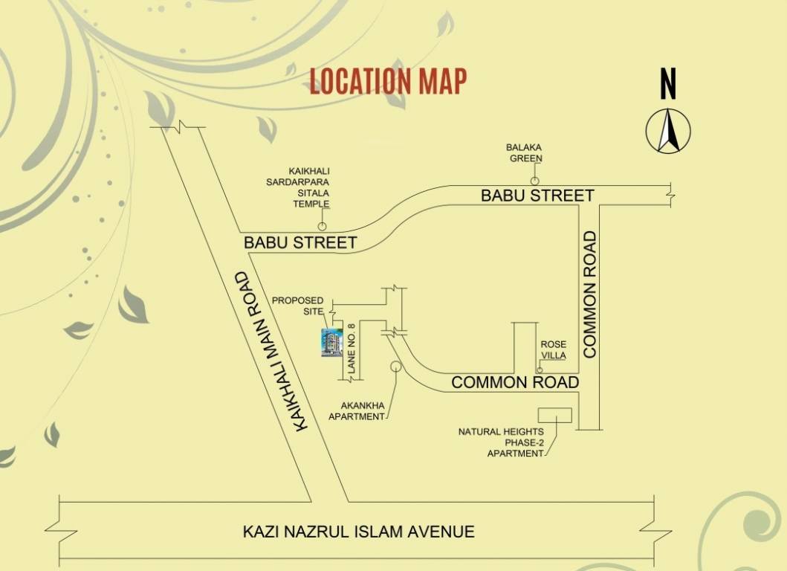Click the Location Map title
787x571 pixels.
(x=388, y=81)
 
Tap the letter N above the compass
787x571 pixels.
(x=668, y=83)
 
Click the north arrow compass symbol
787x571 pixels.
(x=668, y=130)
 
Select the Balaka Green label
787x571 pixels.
(x=525, y=153)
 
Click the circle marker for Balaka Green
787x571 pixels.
(x=534, y=181)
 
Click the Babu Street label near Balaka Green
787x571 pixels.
(x=537, y=196)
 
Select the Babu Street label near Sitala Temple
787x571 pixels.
(x=300, y=242)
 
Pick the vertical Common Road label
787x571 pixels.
(x=591, y=294)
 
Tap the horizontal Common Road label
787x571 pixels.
(x=514, y=382)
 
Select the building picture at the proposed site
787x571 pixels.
(x=331, y=343)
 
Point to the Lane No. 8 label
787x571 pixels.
(x=352, y=348)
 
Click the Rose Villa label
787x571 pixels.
(x=553, y=349)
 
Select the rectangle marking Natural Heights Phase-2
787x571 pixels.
(x=554, y=416)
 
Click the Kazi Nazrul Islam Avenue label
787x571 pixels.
(x=358, y=532)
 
